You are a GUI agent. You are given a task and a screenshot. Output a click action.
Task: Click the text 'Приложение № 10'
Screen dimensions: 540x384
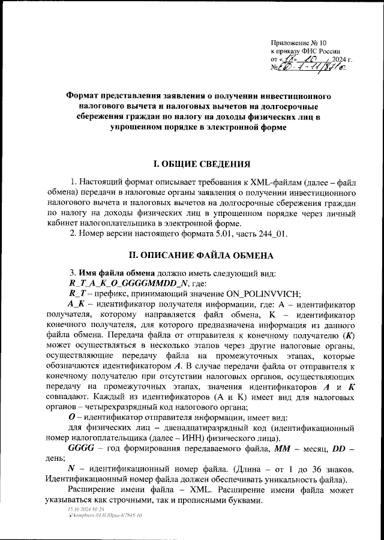click(298, 43)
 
